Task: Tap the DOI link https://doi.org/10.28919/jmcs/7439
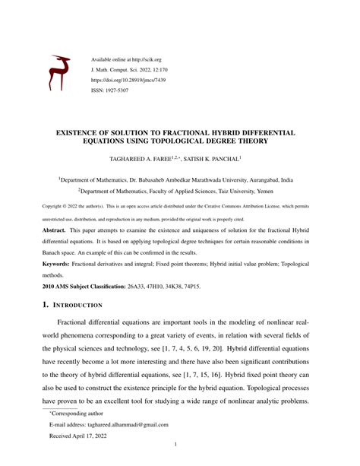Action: click(128, 78)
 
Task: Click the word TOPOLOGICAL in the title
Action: click(219, 142)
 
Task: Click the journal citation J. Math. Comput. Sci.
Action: click(118, 68)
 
